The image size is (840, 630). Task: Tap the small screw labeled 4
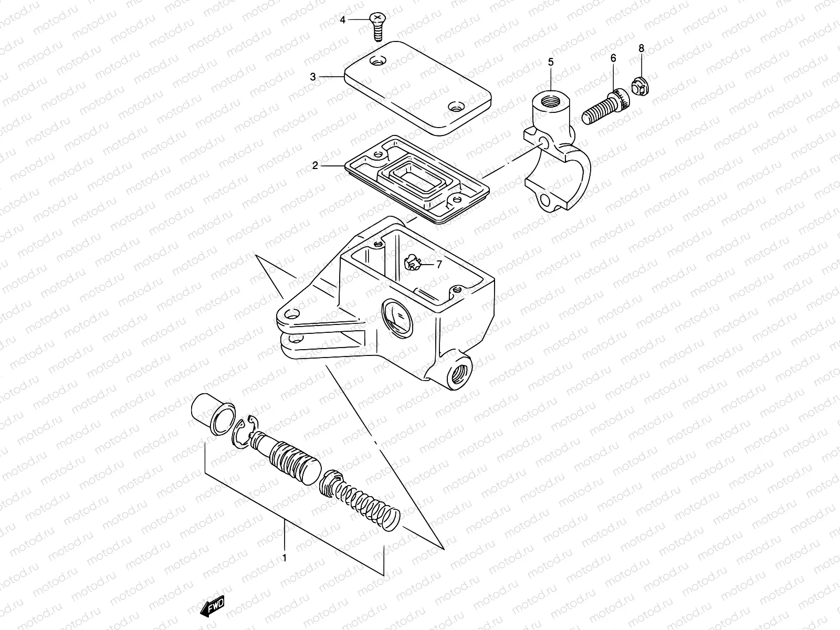(376, 26)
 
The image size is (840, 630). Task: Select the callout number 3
(313, 77)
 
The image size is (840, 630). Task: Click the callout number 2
(315, 166)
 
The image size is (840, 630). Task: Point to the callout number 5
(551, 62)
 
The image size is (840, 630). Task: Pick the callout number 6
(613, 58)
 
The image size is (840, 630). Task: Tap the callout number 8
(641, 48)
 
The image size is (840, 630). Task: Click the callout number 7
(439, 265)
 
